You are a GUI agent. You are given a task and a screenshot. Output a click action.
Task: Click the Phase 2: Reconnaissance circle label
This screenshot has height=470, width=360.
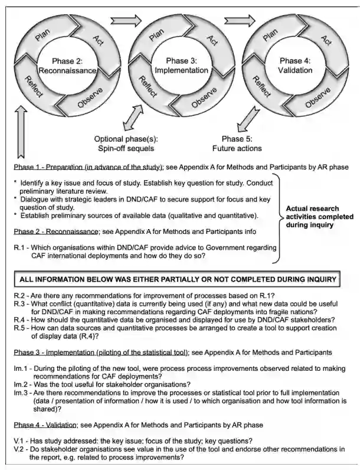coord(67,66)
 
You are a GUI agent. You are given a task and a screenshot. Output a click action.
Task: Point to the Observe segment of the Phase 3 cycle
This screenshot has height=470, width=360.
coord(204,96)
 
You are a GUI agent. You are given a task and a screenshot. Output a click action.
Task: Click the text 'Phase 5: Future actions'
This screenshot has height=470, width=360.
coord(237,143)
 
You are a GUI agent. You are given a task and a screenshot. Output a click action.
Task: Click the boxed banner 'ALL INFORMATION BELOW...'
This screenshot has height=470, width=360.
coord(178,278)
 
